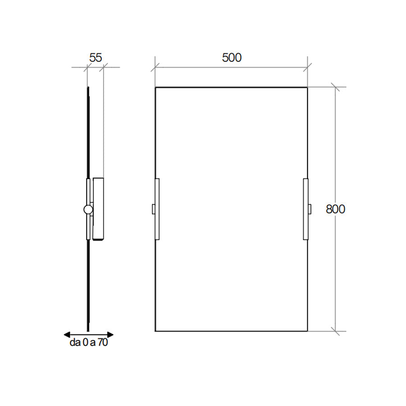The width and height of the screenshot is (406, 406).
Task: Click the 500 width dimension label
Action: pos(231,58)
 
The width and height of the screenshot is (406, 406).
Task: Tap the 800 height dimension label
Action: pos(336,209)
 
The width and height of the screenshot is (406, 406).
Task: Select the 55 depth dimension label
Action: pos(96,58)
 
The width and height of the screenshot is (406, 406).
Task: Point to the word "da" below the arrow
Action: pos(74,343)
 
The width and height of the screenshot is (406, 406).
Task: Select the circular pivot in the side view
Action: pos(88,209)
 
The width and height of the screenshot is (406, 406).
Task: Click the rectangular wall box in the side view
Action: pos(98,209)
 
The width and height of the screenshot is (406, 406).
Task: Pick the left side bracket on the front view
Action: pos(157,209)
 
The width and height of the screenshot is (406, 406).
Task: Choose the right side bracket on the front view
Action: pos(306,209)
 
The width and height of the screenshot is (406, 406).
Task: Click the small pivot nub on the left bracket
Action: pos(153,209)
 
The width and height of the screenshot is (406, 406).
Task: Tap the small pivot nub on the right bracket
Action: pos(309,209)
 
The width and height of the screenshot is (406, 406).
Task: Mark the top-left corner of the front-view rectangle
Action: pos(156,87)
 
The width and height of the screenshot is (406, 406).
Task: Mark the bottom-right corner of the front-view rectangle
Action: pos(308,331)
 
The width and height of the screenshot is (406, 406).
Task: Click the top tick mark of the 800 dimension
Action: pos(335,87)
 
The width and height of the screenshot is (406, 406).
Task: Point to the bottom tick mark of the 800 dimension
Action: pos(335,331)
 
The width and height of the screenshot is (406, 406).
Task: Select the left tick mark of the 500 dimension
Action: pos(155,68)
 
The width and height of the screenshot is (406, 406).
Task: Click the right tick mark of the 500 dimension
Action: pos(307,68)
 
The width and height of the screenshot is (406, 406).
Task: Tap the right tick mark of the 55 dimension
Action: pos(103,68)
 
